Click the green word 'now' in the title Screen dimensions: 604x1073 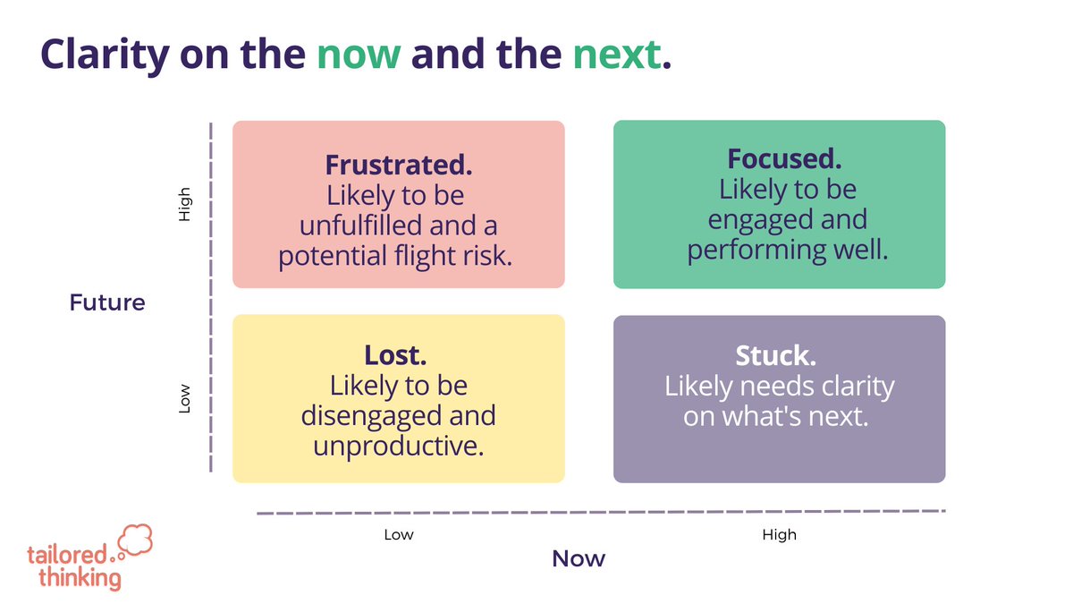pyautogui.click(x=359, y=55)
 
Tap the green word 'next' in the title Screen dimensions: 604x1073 pyautogui.click(x=618, y=55)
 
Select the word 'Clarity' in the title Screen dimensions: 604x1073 pyautogui.click(x=103, y=55)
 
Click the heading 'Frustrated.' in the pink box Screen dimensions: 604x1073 pyautogui.click(x=399, y=165)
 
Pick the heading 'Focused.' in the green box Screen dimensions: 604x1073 pyautogui.click(x=784, y=159)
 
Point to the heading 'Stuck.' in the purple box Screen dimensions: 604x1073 pyautogui.click(x=775, y=356)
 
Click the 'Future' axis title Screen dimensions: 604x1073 pyautogui.click(x=107, y=302)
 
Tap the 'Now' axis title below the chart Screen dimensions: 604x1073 pyautogui.click(x=579, y=559)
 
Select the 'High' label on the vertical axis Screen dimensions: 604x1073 pyautogui.click(x=185, y=204)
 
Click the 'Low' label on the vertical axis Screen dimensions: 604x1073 pyautogui.click(x=185, y=399)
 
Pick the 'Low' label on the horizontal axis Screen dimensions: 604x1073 pyautogui.click(x=399, y=535)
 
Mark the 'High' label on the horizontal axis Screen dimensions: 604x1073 pyautogui.click(x=779, y=535)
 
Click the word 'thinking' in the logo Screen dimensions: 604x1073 pyautogui.click(x=80, y=577)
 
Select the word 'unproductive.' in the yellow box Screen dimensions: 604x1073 pyautogui.click(x=399, y=445)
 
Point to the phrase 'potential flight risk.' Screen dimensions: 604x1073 pyautogui.click(x=395, y=256)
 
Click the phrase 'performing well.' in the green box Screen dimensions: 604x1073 pyautogui.click(x=788, y=250)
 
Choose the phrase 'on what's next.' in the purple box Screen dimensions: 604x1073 pyautogui.click(x=776, y=416)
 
